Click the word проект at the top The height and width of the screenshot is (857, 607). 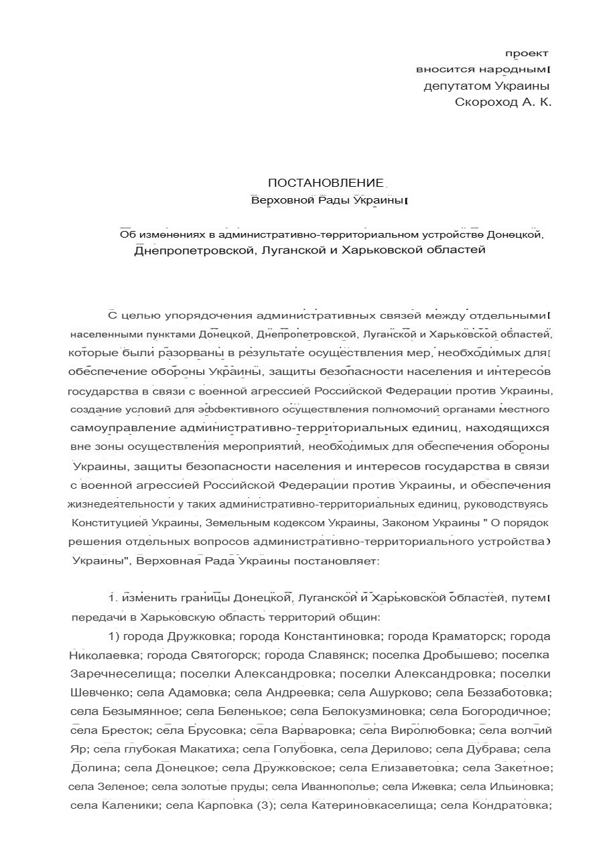click(x=527, y=53)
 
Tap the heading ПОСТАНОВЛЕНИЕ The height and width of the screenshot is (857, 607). click(x=326, y=183)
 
